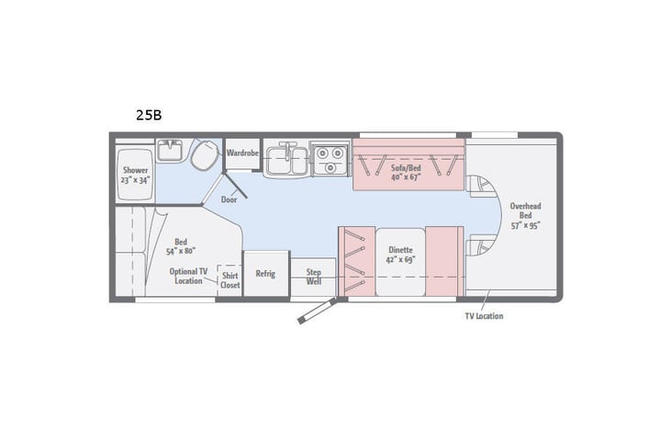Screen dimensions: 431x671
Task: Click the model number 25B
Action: click(x=148, y=116)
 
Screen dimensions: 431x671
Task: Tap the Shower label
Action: click(x=135, y=175)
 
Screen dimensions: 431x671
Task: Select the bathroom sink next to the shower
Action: click(x=171, y=150)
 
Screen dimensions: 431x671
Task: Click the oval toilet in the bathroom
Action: click(x=205, y=155)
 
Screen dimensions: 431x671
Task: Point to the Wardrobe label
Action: click(x=242, y=152)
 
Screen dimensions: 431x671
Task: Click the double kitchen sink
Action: click(x=285, y=159)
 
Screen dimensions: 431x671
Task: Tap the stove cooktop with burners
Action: click(x=329, y=159)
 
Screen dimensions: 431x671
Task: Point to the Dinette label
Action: click(x=400, y=254)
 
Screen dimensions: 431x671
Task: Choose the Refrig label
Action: click(x=265, y=273)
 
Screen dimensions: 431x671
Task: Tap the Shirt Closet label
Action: click(x=229, y=279)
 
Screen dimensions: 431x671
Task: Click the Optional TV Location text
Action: click(x=189, y=277)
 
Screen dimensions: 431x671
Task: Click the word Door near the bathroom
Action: click(x=229, y=198)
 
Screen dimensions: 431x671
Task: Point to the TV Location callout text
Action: click(x=483, y=315)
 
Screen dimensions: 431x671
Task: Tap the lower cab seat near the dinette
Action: click(x=478, y=246)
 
